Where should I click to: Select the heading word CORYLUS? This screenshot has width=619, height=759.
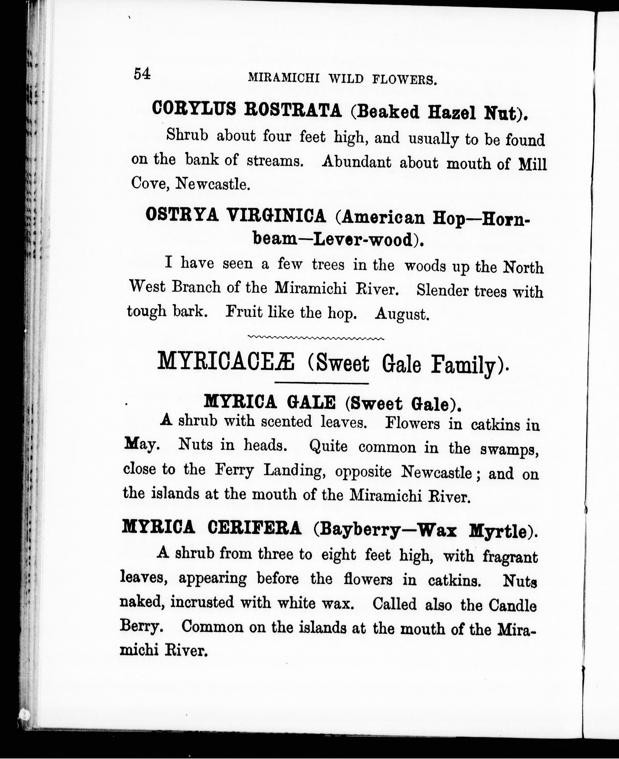pos(194,108)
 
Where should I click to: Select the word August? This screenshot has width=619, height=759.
pos(402,314)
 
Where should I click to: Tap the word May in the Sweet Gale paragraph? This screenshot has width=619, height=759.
pos(141,444)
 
